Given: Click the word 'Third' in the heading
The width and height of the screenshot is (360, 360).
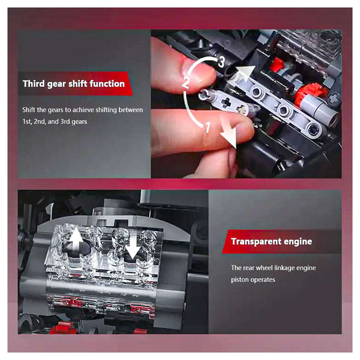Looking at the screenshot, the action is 33,83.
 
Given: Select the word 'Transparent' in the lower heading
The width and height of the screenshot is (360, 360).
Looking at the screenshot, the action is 256,242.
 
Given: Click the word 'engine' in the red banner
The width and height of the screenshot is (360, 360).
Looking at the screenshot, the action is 298,242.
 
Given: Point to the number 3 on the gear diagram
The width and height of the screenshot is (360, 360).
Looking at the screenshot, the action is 221,62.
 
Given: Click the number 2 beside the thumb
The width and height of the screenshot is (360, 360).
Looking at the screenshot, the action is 186,83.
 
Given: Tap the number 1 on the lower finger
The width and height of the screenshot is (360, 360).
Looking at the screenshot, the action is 208,127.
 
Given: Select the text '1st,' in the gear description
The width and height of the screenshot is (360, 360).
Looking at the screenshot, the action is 27,121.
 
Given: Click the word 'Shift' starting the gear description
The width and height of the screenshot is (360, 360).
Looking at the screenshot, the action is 29,110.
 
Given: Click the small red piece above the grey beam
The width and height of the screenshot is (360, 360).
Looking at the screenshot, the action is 277,64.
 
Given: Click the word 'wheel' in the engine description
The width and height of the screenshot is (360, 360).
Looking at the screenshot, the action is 264,268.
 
